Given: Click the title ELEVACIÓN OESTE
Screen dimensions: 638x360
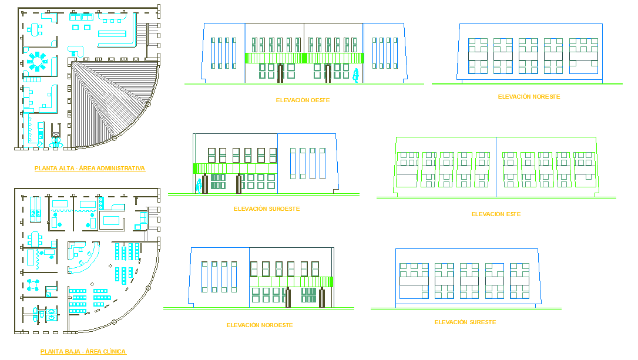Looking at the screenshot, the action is point(303,100).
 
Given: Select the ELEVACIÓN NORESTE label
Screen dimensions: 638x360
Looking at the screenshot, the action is point(529,96).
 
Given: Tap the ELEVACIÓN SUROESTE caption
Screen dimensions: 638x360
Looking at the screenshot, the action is point(267,209).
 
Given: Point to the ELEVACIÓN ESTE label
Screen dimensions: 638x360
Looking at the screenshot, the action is point(496,214).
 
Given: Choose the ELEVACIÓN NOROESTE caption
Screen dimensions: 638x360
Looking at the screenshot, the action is point(260,325).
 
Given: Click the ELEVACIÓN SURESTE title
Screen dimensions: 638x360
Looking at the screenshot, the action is point(465,322).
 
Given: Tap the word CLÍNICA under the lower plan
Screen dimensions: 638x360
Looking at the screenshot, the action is point(114,352).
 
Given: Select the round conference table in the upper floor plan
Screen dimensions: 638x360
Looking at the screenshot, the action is point(38,60).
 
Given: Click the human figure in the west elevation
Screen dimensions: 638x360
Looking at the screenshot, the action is point(355,75).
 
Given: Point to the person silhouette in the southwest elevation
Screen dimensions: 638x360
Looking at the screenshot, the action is point(199,186).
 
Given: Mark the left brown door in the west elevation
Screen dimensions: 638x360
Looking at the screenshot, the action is point(280,72).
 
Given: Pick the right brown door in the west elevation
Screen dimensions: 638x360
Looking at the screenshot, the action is point(328,72).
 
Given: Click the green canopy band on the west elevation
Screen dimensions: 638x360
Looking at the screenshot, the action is point(304,58).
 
